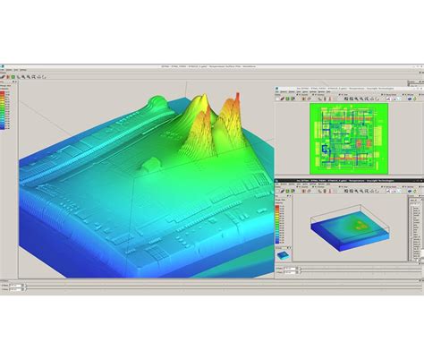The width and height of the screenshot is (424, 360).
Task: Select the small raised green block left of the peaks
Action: click(152, 163)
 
